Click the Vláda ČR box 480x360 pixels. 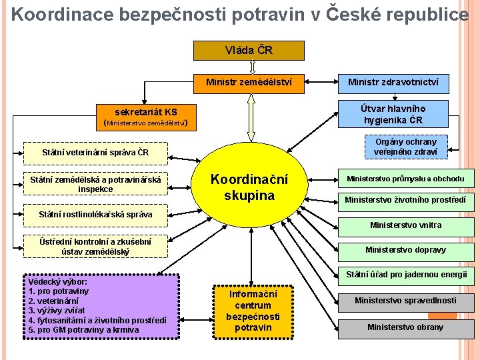point(249,51)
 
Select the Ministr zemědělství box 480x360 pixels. point(249,83)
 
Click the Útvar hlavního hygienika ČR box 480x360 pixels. point(393,114)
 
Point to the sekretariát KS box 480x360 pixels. point(146,116)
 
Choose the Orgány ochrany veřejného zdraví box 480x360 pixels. point(406,147)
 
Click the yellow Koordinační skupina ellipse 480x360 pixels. point(249,187)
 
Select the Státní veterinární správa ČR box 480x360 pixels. point(95,152)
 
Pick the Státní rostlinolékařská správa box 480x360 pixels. point(95,214)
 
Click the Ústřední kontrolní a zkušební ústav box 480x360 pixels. point(95,245)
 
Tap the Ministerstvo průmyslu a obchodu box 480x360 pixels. point(405,178)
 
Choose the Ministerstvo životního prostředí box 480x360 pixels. point(405,199)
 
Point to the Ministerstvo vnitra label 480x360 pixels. point(405,225)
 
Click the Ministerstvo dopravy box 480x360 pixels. point(405,250)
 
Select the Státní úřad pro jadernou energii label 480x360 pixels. point(407,274)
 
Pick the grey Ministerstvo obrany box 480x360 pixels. point(405,327)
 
